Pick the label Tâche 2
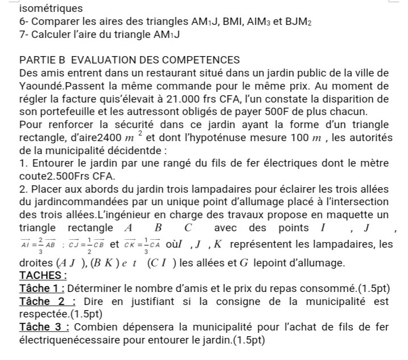point(41,302)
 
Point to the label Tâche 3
point(41,328)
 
